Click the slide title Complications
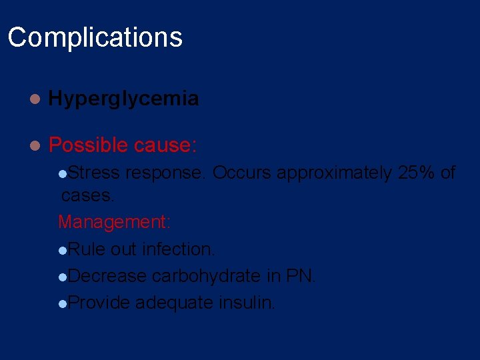coord(95,37)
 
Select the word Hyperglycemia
coord(123,99)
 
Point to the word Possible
coord(88,145)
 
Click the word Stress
coord(93,173)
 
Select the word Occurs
coord(241,173)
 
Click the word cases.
coord(88,196)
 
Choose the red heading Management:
coord(115,222)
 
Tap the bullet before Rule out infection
coord(62,251)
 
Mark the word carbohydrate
coord(206,276)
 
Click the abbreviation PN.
coord(299,276)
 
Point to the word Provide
coord(99,303)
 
